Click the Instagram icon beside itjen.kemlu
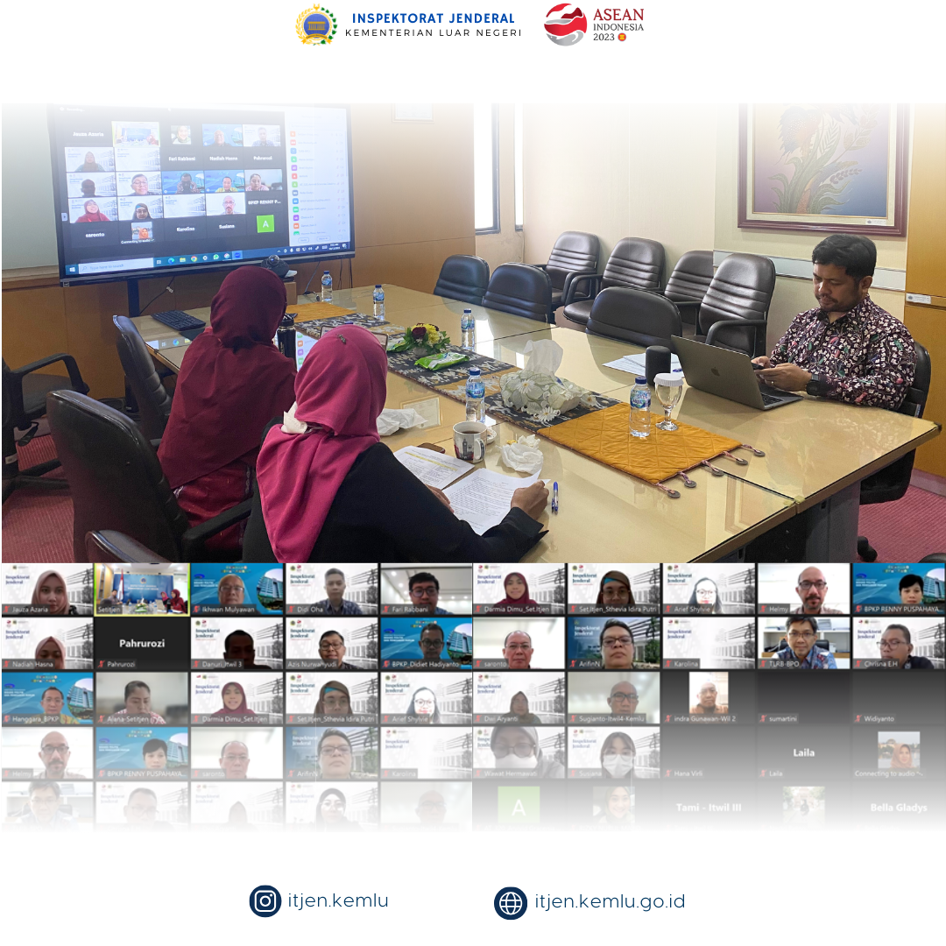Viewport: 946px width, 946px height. pyautogui.click(x=265, y=901)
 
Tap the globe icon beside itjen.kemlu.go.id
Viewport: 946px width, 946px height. pyautogui.click(x=510, y=902)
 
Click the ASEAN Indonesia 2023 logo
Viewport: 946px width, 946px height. pyautogui.click(x=594, y=24)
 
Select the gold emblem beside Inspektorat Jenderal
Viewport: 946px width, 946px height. pyautogui.click(x=316, y=25)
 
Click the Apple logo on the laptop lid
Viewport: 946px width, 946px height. pyautogui.click(x=710, y=361)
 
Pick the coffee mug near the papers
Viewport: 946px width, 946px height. pyautogui.click(x=469, y=441)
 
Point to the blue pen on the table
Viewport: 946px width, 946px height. pyautogui.click(x=554, y=497)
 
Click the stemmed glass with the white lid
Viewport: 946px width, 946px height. pyautogui.click(x=668, y=399)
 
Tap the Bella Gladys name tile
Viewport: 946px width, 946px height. pyautogui.click(x=898, y=807)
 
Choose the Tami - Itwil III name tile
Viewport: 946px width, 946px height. pyautogui.click(x=708, y=807)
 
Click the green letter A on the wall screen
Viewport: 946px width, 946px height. pyautogui.click(x=265, y=222)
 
